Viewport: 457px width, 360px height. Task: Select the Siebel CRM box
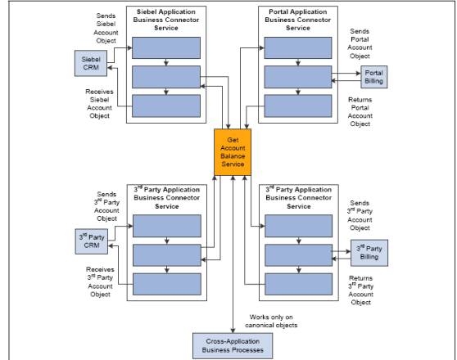pos(90,61)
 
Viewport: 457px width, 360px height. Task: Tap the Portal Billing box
pos(373,77)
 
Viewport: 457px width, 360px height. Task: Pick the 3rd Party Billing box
pos(369,253)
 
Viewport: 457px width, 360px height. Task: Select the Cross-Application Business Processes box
pos(233,345)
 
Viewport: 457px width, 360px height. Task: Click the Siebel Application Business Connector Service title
pos(167,19)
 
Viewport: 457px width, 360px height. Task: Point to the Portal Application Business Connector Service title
pos(298,19)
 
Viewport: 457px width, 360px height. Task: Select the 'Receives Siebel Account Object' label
pos(99,102)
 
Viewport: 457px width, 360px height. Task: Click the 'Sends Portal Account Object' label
pos(360,43)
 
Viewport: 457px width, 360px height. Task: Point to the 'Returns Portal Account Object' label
pos(360,110)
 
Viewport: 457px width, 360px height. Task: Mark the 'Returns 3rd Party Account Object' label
pos(360,290)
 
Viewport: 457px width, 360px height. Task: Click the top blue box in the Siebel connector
pos(167,48)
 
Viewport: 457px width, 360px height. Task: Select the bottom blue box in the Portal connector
pos(298,106)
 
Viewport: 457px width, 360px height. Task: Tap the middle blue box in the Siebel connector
pos(167,76)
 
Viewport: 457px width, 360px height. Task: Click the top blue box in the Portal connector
pos(298,48)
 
